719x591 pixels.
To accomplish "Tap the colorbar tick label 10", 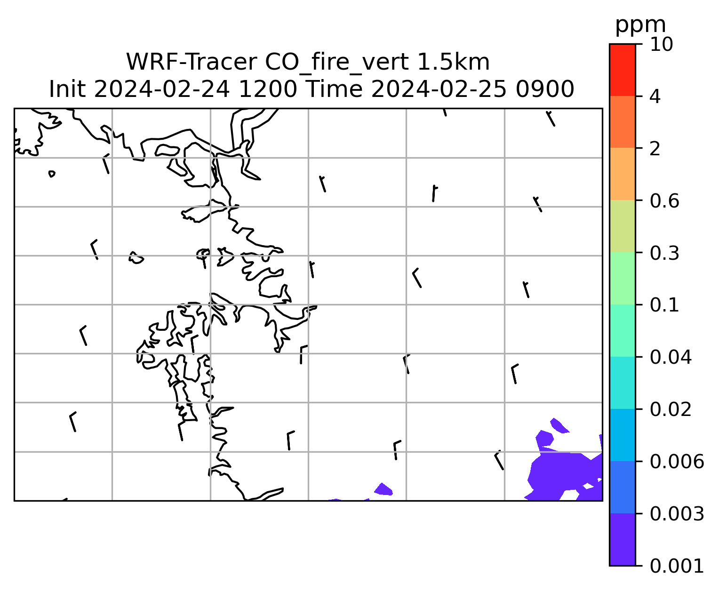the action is [x=661, y=44].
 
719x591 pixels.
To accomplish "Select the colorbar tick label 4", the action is [x=655, y=96].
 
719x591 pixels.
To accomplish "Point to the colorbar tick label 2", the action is [x=655, y=149].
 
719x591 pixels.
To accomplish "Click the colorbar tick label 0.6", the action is [x=664, y=201].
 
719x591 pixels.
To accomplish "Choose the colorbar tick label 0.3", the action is [x=664, y=253].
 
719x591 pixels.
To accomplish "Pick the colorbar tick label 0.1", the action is [x=664, y=305].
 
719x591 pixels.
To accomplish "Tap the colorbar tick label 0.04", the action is [x=671, y=357].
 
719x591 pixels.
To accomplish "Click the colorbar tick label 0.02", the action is [x=671, y=409].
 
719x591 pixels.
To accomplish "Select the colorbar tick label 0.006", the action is [x=677, y=462].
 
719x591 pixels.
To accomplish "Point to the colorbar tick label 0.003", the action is [x=677, y=514].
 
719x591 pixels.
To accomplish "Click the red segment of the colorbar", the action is [x=622, y=70].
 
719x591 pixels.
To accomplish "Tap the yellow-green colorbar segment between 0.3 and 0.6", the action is [x=622, y=226].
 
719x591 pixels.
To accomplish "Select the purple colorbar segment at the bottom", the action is [x=622, y=539].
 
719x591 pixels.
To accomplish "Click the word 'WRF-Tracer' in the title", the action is [x=191, y=62].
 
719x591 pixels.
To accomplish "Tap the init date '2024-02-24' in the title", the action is [x=161, y=89].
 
